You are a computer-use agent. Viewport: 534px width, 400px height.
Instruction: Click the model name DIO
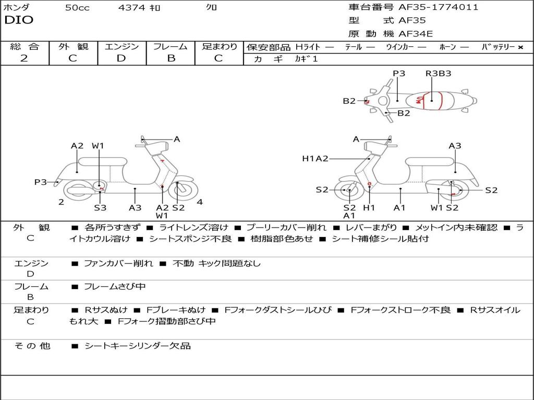(x=19, y=20)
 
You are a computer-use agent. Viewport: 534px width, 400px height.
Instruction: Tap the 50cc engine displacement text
(x=77, y=8)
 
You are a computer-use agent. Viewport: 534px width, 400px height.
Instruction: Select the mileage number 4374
(x=132, y=8)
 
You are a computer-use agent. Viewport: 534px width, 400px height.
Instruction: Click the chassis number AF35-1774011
(x=431, y=7)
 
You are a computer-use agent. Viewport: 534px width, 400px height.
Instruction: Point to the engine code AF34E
(x=416, y=34)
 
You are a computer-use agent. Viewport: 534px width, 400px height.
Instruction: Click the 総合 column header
(x=25, y=46)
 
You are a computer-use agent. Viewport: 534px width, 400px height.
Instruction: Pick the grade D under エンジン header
(x=122, y=58)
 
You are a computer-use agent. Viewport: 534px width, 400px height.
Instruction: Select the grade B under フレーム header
(x=171, y=58)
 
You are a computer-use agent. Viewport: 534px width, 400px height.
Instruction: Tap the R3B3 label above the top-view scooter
(x=438, y=73)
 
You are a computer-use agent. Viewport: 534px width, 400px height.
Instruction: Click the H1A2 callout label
(x=315, y=158)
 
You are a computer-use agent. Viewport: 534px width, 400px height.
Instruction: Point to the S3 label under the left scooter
(x=100, y=208)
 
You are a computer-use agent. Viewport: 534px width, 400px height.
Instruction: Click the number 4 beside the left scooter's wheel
(x=200, y=202)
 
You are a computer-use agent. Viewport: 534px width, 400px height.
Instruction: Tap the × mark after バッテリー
(x=520, y=47)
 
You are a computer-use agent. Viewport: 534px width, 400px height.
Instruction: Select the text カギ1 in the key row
(x=306, y=59)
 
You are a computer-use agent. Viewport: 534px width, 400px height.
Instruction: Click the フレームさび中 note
(x=115, y=286)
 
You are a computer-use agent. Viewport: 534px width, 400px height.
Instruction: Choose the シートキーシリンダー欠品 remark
(x=138, y=346)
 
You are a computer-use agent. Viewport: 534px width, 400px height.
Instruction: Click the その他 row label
(x=32, y=346)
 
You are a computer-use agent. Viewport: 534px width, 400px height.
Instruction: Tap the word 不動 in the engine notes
(x=183, y=264)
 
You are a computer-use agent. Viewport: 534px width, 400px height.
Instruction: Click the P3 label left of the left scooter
(x=41, y=182)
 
